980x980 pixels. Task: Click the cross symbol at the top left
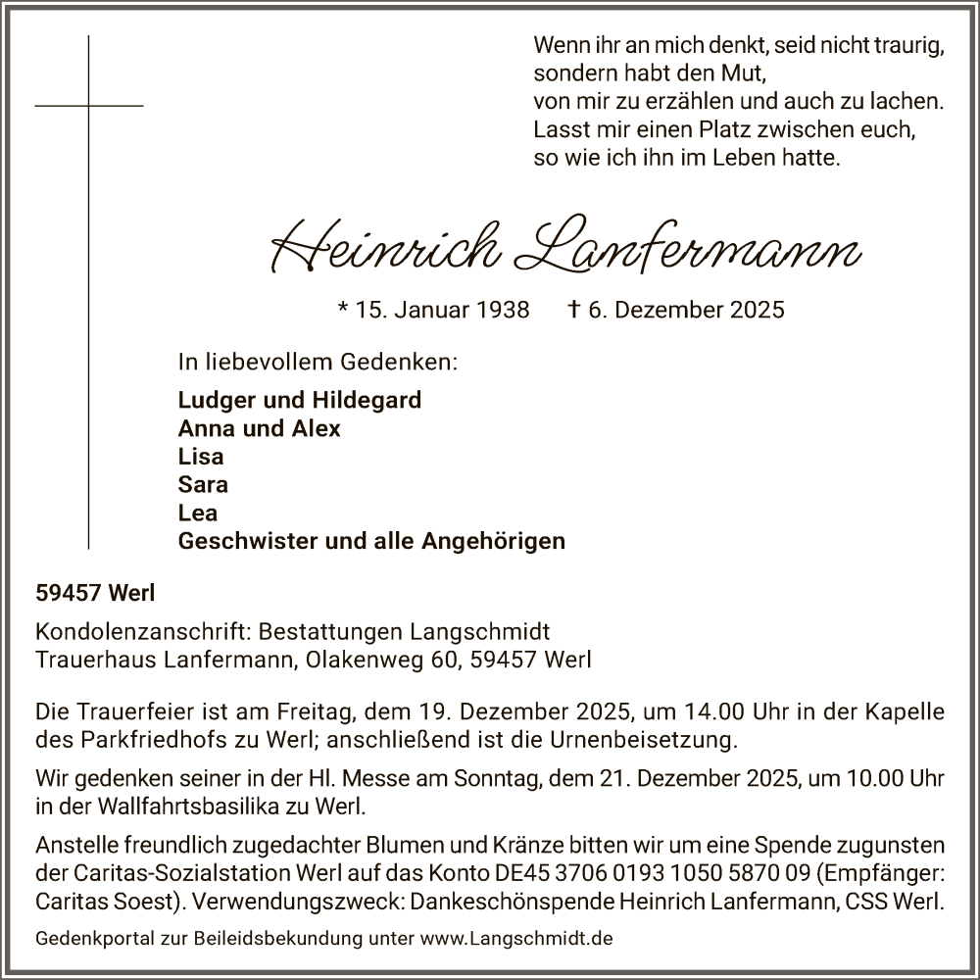click(88, 105)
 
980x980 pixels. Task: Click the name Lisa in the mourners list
click(201, 457)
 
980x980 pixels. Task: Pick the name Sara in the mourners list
click(203, 484)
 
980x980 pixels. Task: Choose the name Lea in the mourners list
click(198, 513)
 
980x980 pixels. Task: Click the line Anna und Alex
click(260, 428)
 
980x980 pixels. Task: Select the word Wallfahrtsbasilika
click(195, 808)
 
